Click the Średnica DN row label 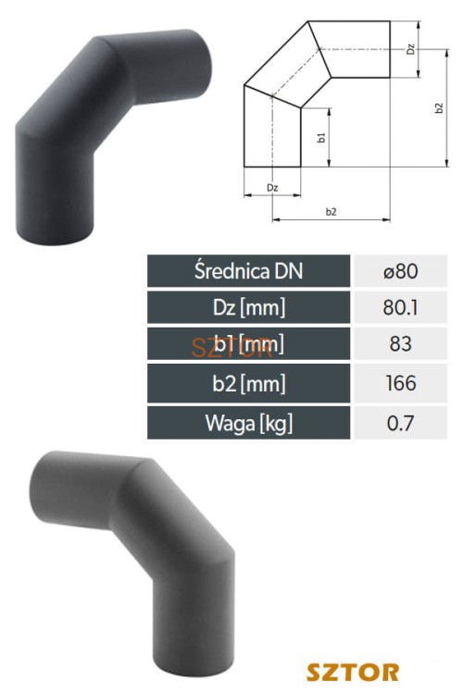[x=248, y=271]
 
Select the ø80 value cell [x=401, y=271]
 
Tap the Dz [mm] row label [x=248, y=307]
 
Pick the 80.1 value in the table [x=400, y=307]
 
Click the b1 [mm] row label [x=248, y=344]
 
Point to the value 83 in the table [x=401, y=344]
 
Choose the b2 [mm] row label [x=248, y=383]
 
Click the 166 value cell [x=401, y=383]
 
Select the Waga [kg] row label [x=248, y=423]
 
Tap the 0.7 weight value [x=400, y=423]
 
